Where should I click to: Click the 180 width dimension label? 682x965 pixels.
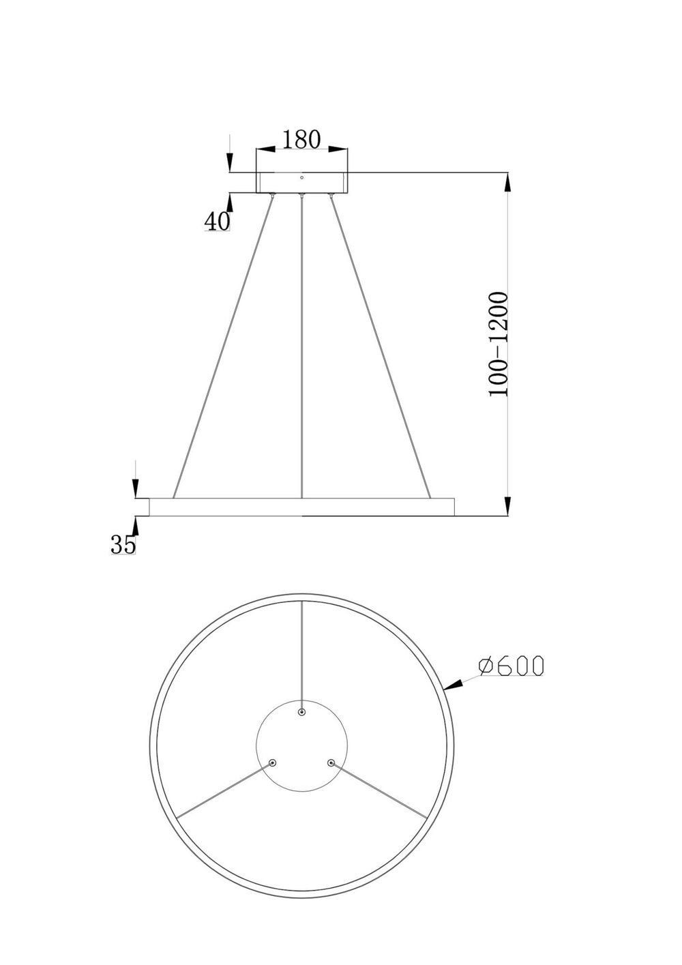(x=301, y=139)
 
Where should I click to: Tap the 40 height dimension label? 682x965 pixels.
(x=217, y=221)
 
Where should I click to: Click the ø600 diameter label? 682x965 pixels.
(x=511, y=666)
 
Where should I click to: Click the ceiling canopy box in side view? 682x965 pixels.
(x=301, y=183)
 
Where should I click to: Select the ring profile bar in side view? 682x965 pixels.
(x=301, y=507)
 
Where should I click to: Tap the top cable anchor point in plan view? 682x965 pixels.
(x=301, y=712)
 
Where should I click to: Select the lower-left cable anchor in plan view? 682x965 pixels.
(x=273, y=762)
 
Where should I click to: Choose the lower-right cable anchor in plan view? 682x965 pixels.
(x=331, y=762)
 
